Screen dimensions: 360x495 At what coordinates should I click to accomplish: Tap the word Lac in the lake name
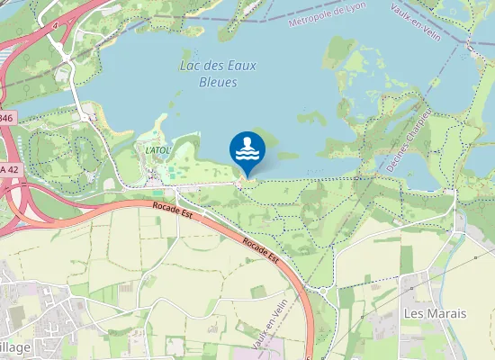[x=189, y=66]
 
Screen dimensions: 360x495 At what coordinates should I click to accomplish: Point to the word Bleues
[x=217, y=82]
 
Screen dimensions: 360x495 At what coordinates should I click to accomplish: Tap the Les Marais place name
[x=435, y=313]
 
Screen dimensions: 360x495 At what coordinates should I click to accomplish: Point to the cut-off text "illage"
[x=15, y=347]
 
